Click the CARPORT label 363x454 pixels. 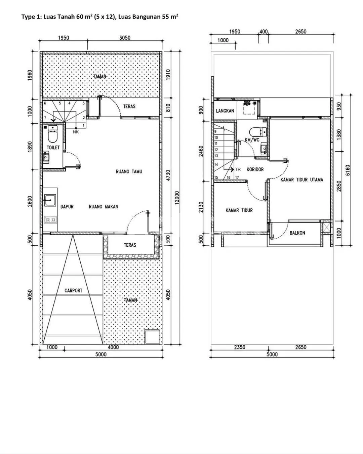tap(74, 290)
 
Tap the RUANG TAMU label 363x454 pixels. tap(129, 171)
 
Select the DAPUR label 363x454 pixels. tap(67, 207)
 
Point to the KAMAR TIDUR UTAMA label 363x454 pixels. tap(302, 180)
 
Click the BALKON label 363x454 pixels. tap(297, 233)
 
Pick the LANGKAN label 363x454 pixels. tap(225, 111)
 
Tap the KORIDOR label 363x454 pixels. tap(255, 169)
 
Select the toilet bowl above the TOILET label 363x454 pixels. tap(52, 136)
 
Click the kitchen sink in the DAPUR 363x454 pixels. tap(50, 200)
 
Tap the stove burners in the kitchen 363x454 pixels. tap(51, 220)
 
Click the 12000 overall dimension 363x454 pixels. tap(177, 198)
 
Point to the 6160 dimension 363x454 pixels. tap(348, 170)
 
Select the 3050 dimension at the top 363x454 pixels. tap(125, 38)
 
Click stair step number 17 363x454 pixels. tap(237, 178)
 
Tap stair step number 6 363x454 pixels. tap(45, 103)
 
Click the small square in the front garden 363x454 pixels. tap(152, 337)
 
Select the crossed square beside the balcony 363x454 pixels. tap(326, 227)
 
